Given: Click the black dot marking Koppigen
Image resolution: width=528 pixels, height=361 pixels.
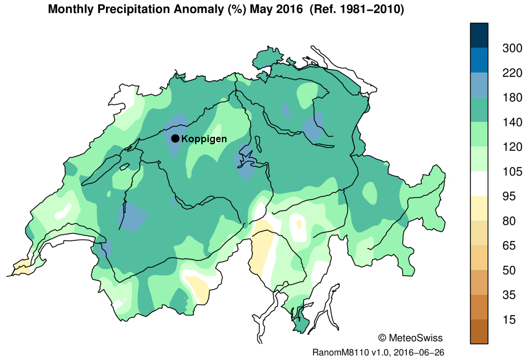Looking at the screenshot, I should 175,138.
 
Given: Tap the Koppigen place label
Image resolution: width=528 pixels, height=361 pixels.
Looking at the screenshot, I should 204,139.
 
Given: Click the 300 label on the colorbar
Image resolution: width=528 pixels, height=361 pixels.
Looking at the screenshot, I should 512,48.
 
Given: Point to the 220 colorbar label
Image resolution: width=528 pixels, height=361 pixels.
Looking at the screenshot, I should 512,73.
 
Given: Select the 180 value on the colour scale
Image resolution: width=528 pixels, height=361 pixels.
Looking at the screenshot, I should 512,98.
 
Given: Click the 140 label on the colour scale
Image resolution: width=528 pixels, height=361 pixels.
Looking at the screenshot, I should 512,122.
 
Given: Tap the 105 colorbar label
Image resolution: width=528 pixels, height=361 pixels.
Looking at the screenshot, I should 512,172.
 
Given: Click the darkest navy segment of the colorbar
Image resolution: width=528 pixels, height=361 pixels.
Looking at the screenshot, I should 479,35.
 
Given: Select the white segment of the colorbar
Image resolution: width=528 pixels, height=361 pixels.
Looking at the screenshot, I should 479,184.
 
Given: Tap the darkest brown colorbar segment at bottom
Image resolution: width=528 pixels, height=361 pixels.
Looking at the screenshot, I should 479,332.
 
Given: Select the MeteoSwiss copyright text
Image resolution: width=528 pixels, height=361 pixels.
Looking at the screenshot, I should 410,338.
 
